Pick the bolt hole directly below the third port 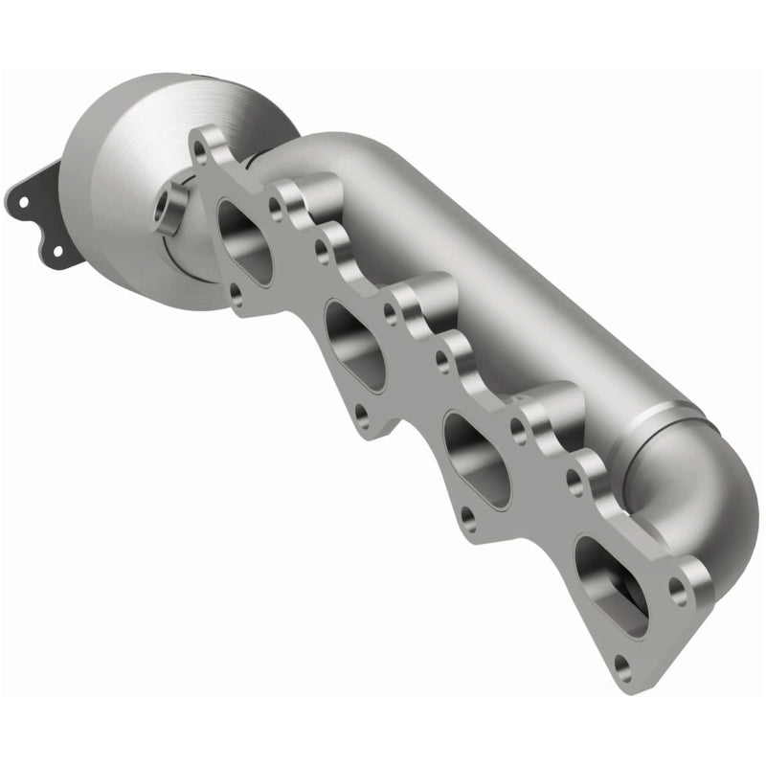coord(466,517)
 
